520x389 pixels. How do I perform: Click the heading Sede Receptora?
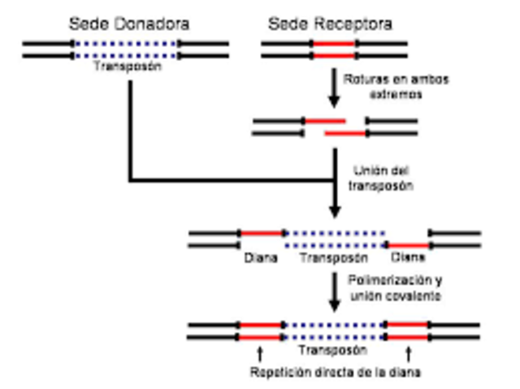(x=331, y=24)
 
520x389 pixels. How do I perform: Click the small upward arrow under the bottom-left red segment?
(x=260, y=352)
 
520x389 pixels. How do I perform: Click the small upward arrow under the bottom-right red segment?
(x=408, y=352)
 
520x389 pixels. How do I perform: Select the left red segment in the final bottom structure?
(x=261, y=331)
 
